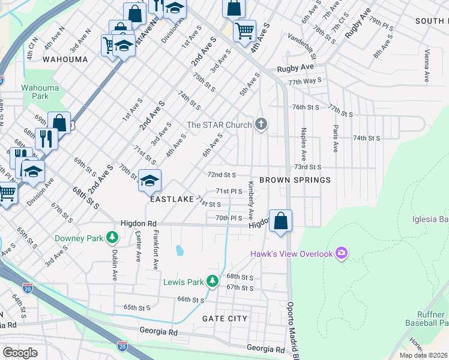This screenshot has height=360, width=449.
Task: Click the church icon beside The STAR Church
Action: click(261, 124)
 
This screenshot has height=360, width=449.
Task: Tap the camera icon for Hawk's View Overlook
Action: click(342, 253)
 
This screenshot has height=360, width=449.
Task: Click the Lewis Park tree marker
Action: click(212, 281)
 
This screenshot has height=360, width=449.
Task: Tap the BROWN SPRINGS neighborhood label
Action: click(295, 180)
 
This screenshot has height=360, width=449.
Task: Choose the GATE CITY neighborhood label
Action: click(225, 318)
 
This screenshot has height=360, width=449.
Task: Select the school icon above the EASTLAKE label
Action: click(149, 180)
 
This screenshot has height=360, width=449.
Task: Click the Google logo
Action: click(20, 352)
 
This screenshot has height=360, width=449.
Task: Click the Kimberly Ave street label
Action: click(251, 205)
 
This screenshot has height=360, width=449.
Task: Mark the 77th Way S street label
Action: click(305, 80)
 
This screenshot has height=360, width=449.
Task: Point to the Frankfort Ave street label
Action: click(155, 249)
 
